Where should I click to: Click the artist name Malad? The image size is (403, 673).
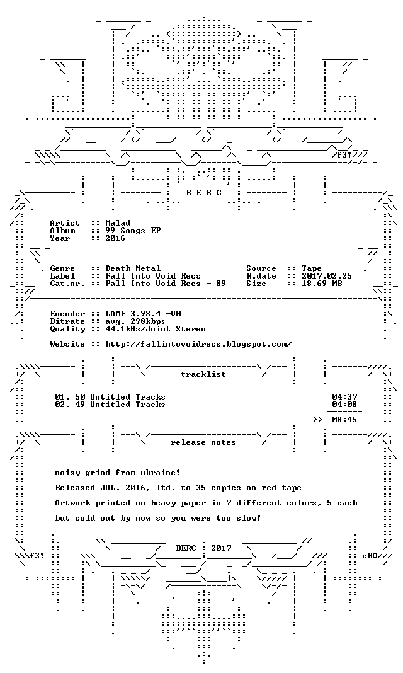(118, 223)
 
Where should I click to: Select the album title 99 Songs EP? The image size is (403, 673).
(133, 231)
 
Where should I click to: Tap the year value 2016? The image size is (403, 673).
(115, 239)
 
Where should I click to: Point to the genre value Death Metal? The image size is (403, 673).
(133, 268)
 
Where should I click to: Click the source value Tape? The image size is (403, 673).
(311, 268)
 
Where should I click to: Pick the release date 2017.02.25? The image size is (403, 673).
(326, 277)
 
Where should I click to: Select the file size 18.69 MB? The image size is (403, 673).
(322, 284)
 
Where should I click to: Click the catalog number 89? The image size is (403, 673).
(221, 284)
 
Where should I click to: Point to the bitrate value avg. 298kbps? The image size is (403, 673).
(135, 322)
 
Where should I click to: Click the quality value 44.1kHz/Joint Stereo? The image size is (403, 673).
(156, 329)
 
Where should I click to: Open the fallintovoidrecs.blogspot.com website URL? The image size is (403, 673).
(198, 344)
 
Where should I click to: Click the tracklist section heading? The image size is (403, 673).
(203, 374)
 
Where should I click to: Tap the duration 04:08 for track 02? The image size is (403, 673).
(344, 405)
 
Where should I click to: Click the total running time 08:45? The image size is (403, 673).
(344, 420)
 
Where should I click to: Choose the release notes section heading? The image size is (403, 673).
(203, 442)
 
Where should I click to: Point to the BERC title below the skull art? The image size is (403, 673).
(203, 193)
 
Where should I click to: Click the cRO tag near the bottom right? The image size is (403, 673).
(370, 556)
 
